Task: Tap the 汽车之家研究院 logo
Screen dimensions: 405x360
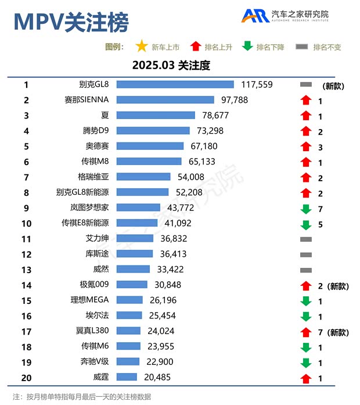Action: pyautogui.click(x=285, y=16)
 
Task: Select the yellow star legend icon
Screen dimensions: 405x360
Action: pyautogui.click(x=141, y=46)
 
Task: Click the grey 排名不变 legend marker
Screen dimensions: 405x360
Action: pyautogui.click(x=301, y=46)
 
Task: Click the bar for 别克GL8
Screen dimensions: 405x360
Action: pyautogui.click(x=175, y=85)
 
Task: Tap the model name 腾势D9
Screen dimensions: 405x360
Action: pyautogui.click(x=96, y=131)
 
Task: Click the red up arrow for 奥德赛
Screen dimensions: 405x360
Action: pyautogui.click(x=306, y=146)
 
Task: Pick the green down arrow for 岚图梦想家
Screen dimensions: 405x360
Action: pyautogui.click(x=306, y=208)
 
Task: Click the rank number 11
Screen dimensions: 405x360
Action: pyautogui.click(x=26, y=239)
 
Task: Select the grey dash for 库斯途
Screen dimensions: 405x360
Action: pyautogui.click(x=306, y=255)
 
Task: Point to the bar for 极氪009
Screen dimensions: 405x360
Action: pyautogui.click(x=132, y=285)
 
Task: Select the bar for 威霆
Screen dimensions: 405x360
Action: pyautogui.click(x=127, y=377)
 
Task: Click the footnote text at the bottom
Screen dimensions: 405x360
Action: pyautogui.click(x=81, y=397)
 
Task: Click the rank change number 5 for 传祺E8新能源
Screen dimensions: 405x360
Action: pyautogui.click(x=321, y=224)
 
